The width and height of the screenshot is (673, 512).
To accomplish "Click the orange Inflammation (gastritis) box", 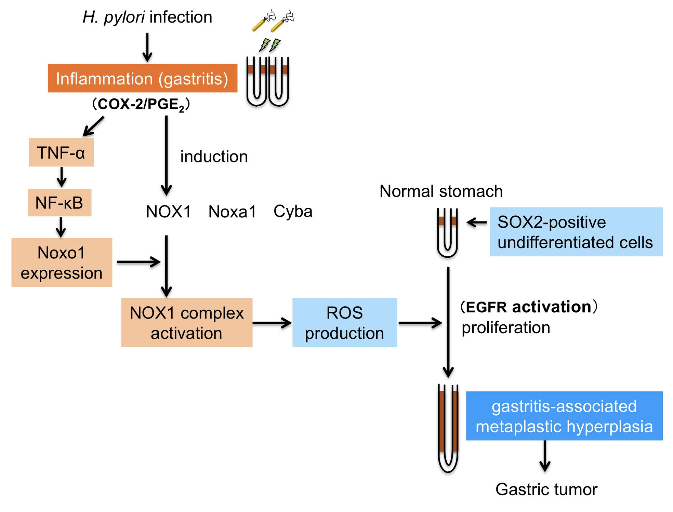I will (142, 78).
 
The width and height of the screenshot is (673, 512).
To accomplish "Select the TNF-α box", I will (61, 152).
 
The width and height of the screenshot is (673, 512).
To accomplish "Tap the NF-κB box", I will (60, 202).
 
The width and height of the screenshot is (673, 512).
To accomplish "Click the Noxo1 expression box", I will (62, 262).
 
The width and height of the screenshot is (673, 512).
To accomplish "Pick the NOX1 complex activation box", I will (187, 323).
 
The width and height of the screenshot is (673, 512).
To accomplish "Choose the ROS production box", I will (344, 323).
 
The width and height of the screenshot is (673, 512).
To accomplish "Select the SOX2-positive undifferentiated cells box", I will (576, 232).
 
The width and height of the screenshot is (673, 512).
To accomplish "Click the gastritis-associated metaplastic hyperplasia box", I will (564, 416).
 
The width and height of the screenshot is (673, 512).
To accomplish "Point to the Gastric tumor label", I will (546, 489).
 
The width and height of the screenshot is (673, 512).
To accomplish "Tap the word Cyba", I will (293, 212).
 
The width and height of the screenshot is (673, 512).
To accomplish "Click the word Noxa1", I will (232, 212).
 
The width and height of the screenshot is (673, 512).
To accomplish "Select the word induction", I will (214, 157).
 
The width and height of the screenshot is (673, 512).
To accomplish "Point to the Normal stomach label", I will (441, 191).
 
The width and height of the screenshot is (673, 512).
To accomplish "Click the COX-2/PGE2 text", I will (141, 104).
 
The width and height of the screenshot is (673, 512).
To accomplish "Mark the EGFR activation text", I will (529, 307).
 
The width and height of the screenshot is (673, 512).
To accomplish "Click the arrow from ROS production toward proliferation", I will (420, 323).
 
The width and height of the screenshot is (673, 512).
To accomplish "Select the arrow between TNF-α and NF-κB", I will (62, 177).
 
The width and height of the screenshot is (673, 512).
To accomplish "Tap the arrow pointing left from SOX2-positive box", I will (477, 223).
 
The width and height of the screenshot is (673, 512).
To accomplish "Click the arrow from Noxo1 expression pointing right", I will (138, 262).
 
